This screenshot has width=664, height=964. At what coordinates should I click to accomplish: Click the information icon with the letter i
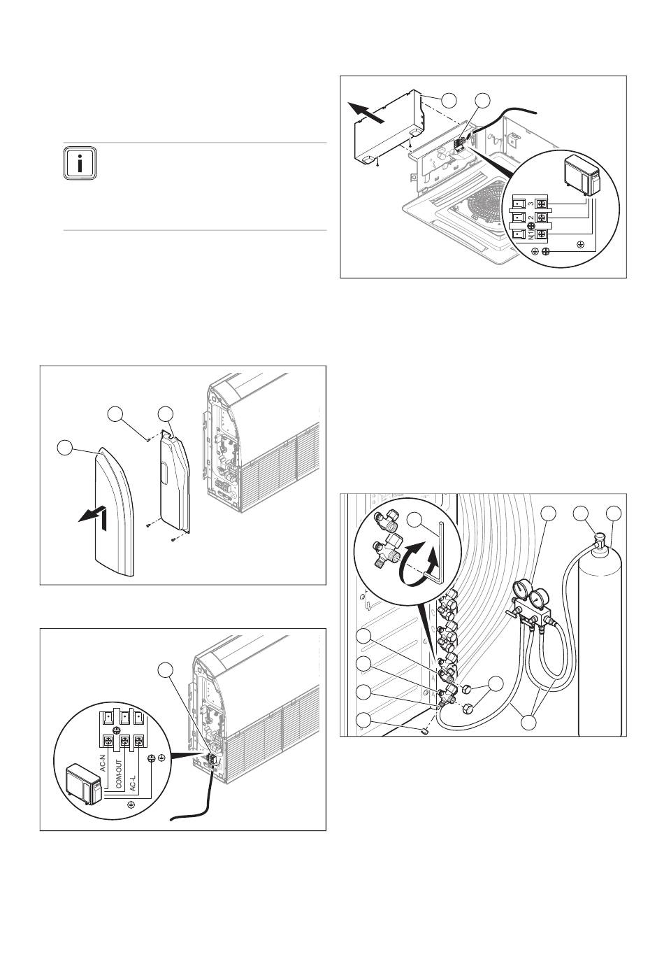click(x=80, y=163)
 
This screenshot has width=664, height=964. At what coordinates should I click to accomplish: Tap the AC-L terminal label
click(x=133, y=764)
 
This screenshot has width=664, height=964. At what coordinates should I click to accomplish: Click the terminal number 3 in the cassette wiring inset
click(x=531, y=204)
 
